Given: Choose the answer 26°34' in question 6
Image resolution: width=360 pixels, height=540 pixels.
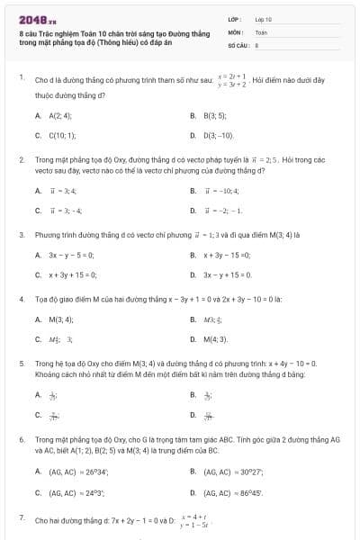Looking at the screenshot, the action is (x=76, y=472).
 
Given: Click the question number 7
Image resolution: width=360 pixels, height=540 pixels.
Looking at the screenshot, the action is (x=21, y=517).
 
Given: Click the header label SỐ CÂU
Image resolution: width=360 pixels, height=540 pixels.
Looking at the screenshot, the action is (x=238, y=43).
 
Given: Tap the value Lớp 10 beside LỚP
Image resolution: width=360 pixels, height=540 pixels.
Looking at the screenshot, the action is (x=263, y=19).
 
